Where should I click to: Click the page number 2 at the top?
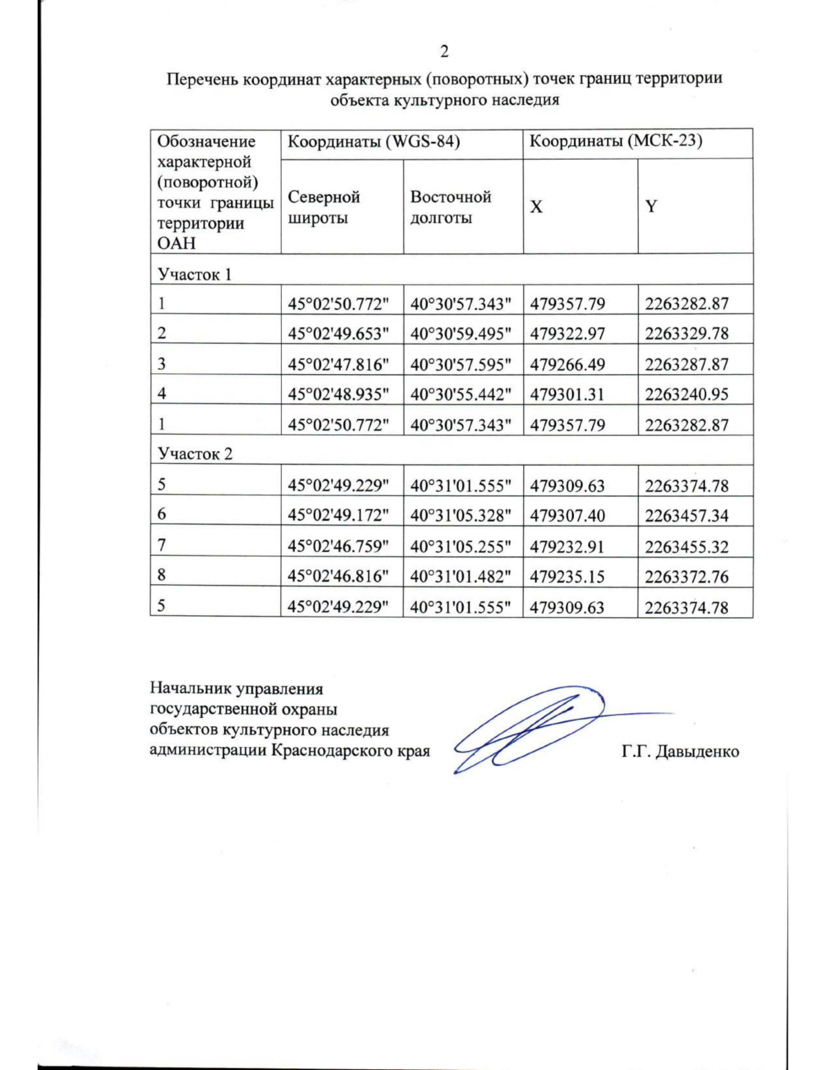[x=445, y=52]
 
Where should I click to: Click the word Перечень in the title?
[x=203, y=79]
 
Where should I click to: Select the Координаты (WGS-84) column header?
[x=373, y=142]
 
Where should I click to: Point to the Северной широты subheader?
[x=323, y=207]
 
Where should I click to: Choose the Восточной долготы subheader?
[x=450, y=207]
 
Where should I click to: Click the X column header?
[x=536, y=207]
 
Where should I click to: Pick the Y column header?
[x=651, y=207]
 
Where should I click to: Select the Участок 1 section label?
[x=194, y=274]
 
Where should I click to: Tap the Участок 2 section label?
[x=195, y=453]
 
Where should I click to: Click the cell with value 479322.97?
[x=567, y=333]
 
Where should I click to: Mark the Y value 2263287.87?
[x=686, y=364]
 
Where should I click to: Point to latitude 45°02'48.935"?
[x=338, y=394]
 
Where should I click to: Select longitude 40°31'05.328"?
[x=460, y=515]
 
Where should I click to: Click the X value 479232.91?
[x=567, y=546]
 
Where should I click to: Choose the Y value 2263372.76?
[x=686, y=577]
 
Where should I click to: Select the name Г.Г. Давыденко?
[x=680, y=751]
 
